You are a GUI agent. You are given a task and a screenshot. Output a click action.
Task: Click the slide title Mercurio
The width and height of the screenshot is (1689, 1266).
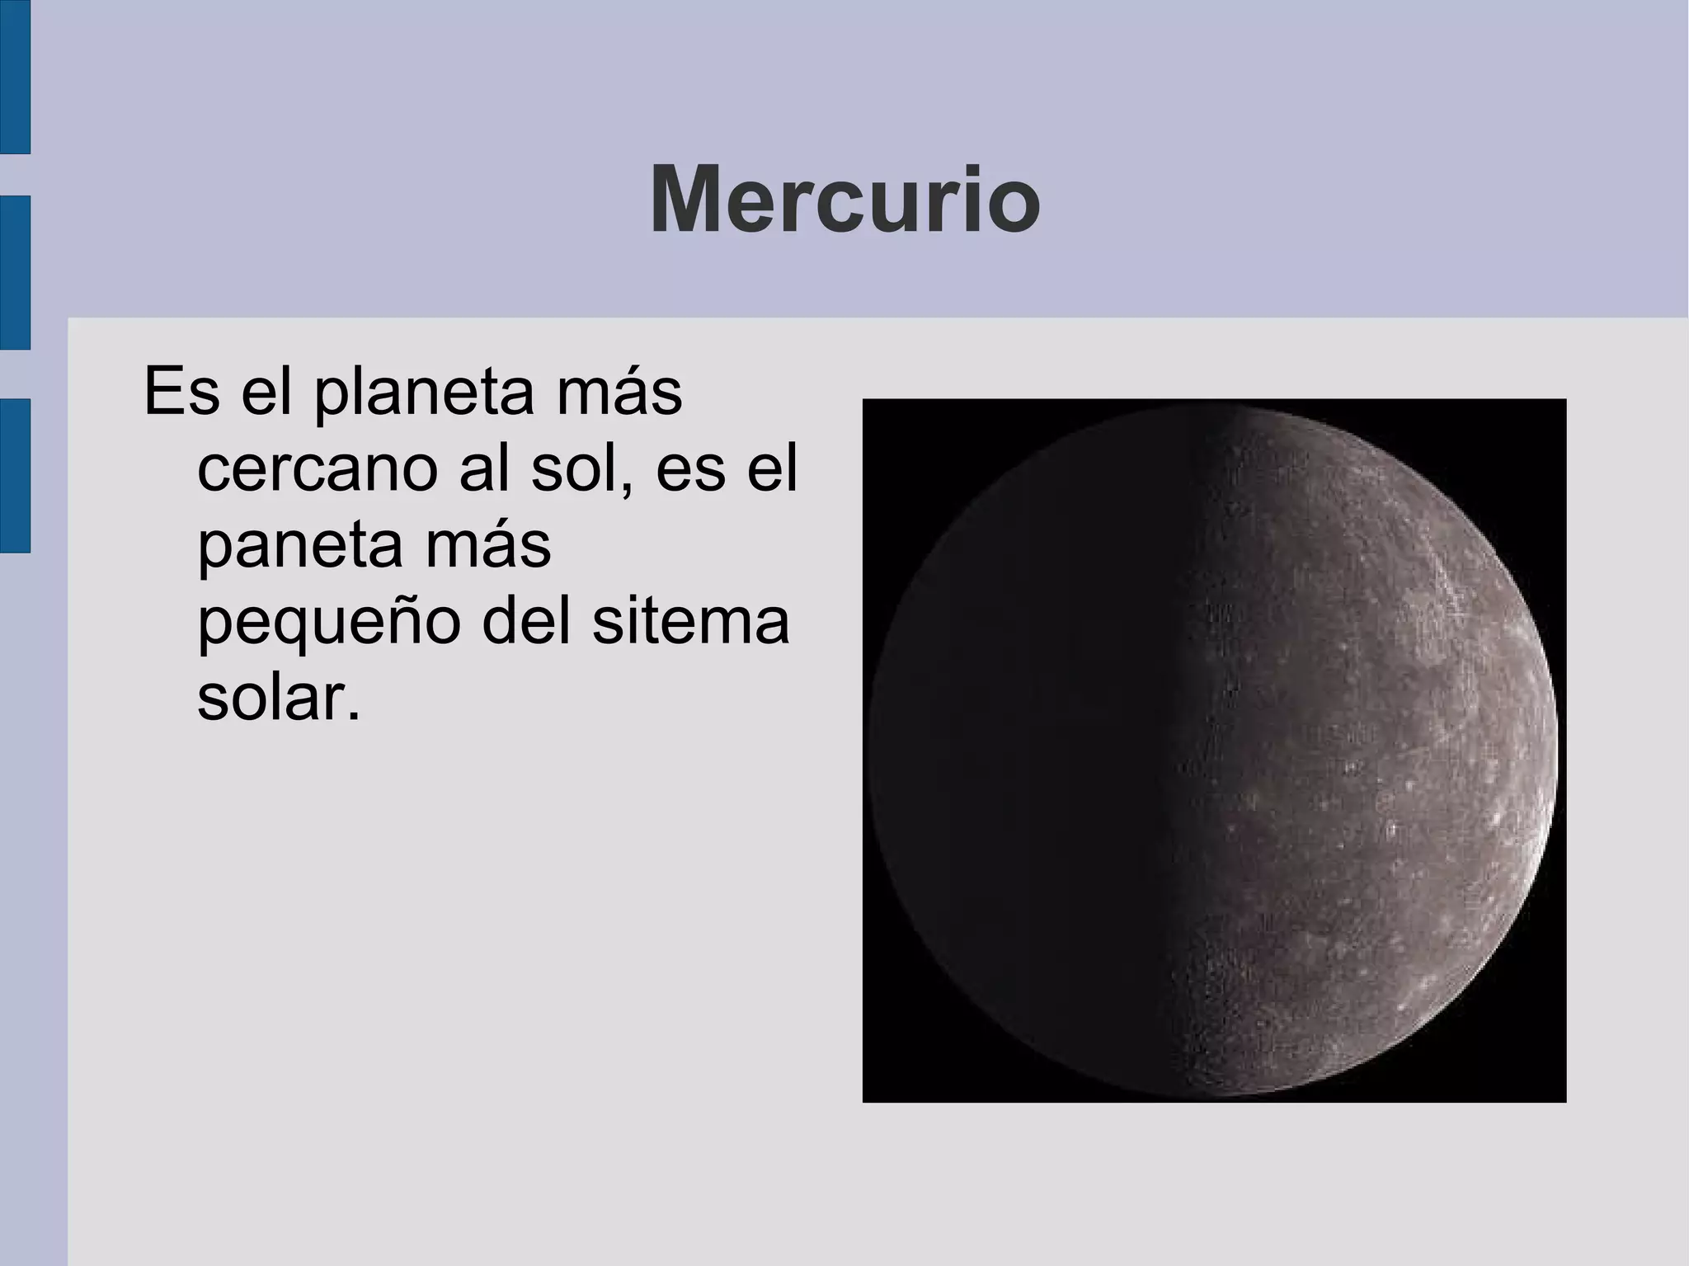(844, 201)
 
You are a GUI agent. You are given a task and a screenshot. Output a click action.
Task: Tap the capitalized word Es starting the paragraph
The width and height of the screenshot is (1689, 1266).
(181, 393)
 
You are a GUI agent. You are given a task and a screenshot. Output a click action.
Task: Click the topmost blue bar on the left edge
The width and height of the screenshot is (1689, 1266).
(15, 77)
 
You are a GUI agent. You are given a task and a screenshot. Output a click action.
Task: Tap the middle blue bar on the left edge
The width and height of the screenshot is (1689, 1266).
(15, 272)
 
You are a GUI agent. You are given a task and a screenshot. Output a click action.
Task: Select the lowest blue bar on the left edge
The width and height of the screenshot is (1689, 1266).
(15, 475)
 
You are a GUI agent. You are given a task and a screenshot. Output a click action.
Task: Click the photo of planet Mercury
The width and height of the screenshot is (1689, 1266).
(1214, 751)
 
